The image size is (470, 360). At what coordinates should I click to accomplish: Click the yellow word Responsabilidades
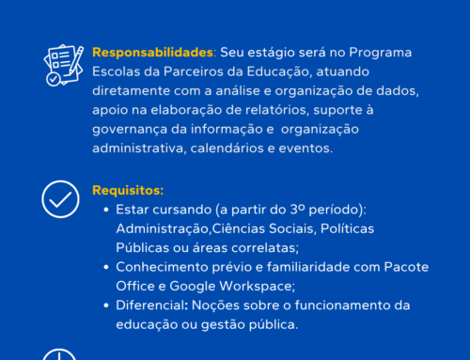pos(150,53)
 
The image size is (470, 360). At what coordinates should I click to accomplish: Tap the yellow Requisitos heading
pos(127,190)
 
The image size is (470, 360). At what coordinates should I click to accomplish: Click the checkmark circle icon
pos(60,198)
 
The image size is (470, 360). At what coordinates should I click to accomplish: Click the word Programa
pos(383,53)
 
